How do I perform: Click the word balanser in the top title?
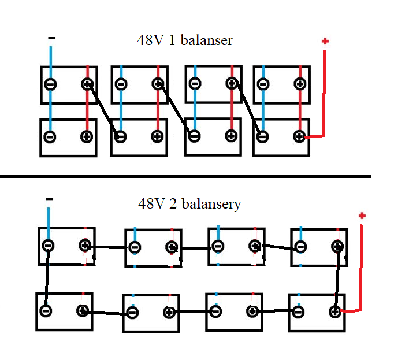206,40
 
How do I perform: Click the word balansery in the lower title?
211,204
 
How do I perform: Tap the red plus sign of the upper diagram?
325,41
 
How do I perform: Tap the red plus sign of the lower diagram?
362,216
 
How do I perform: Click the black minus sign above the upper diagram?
51,38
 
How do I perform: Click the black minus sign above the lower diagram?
49,199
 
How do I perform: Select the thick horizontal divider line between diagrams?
185,177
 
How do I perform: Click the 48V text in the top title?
151,40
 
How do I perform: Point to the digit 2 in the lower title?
173,204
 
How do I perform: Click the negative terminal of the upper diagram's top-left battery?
50,84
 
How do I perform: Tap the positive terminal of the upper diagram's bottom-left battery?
87,137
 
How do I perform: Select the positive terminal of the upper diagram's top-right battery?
300,84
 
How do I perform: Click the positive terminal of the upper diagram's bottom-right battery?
299,136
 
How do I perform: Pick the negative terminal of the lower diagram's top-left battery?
48,246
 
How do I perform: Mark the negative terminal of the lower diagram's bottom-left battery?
46,311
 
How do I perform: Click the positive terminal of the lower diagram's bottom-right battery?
335,311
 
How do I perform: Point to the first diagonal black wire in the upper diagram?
103,110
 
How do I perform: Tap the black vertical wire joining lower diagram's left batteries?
47,278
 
